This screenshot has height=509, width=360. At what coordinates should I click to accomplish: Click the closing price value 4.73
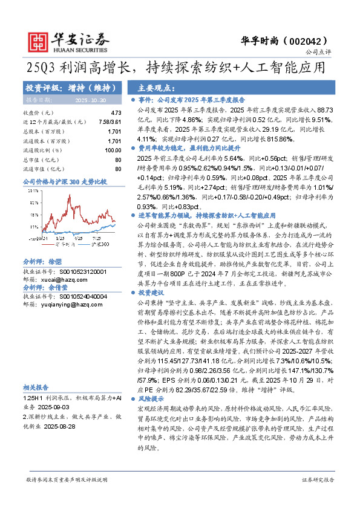pyautogui.click(x=116, y=113)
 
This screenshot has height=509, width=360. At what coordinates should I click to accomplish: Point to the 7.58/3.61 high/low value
pyautogui.click(x=110, y=122)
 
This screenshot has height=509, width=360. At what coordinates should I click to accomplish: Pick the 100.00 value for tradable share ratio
pyautogui.click(x=113, y=150)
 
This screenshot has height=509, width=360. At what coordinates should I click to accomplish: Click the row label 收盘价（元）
pyautogui.click(x=39, y=113)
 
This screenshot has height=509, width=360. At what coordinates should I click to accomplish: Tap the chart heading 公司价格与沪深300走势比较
pyautogui.click(x=64, y=181)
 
